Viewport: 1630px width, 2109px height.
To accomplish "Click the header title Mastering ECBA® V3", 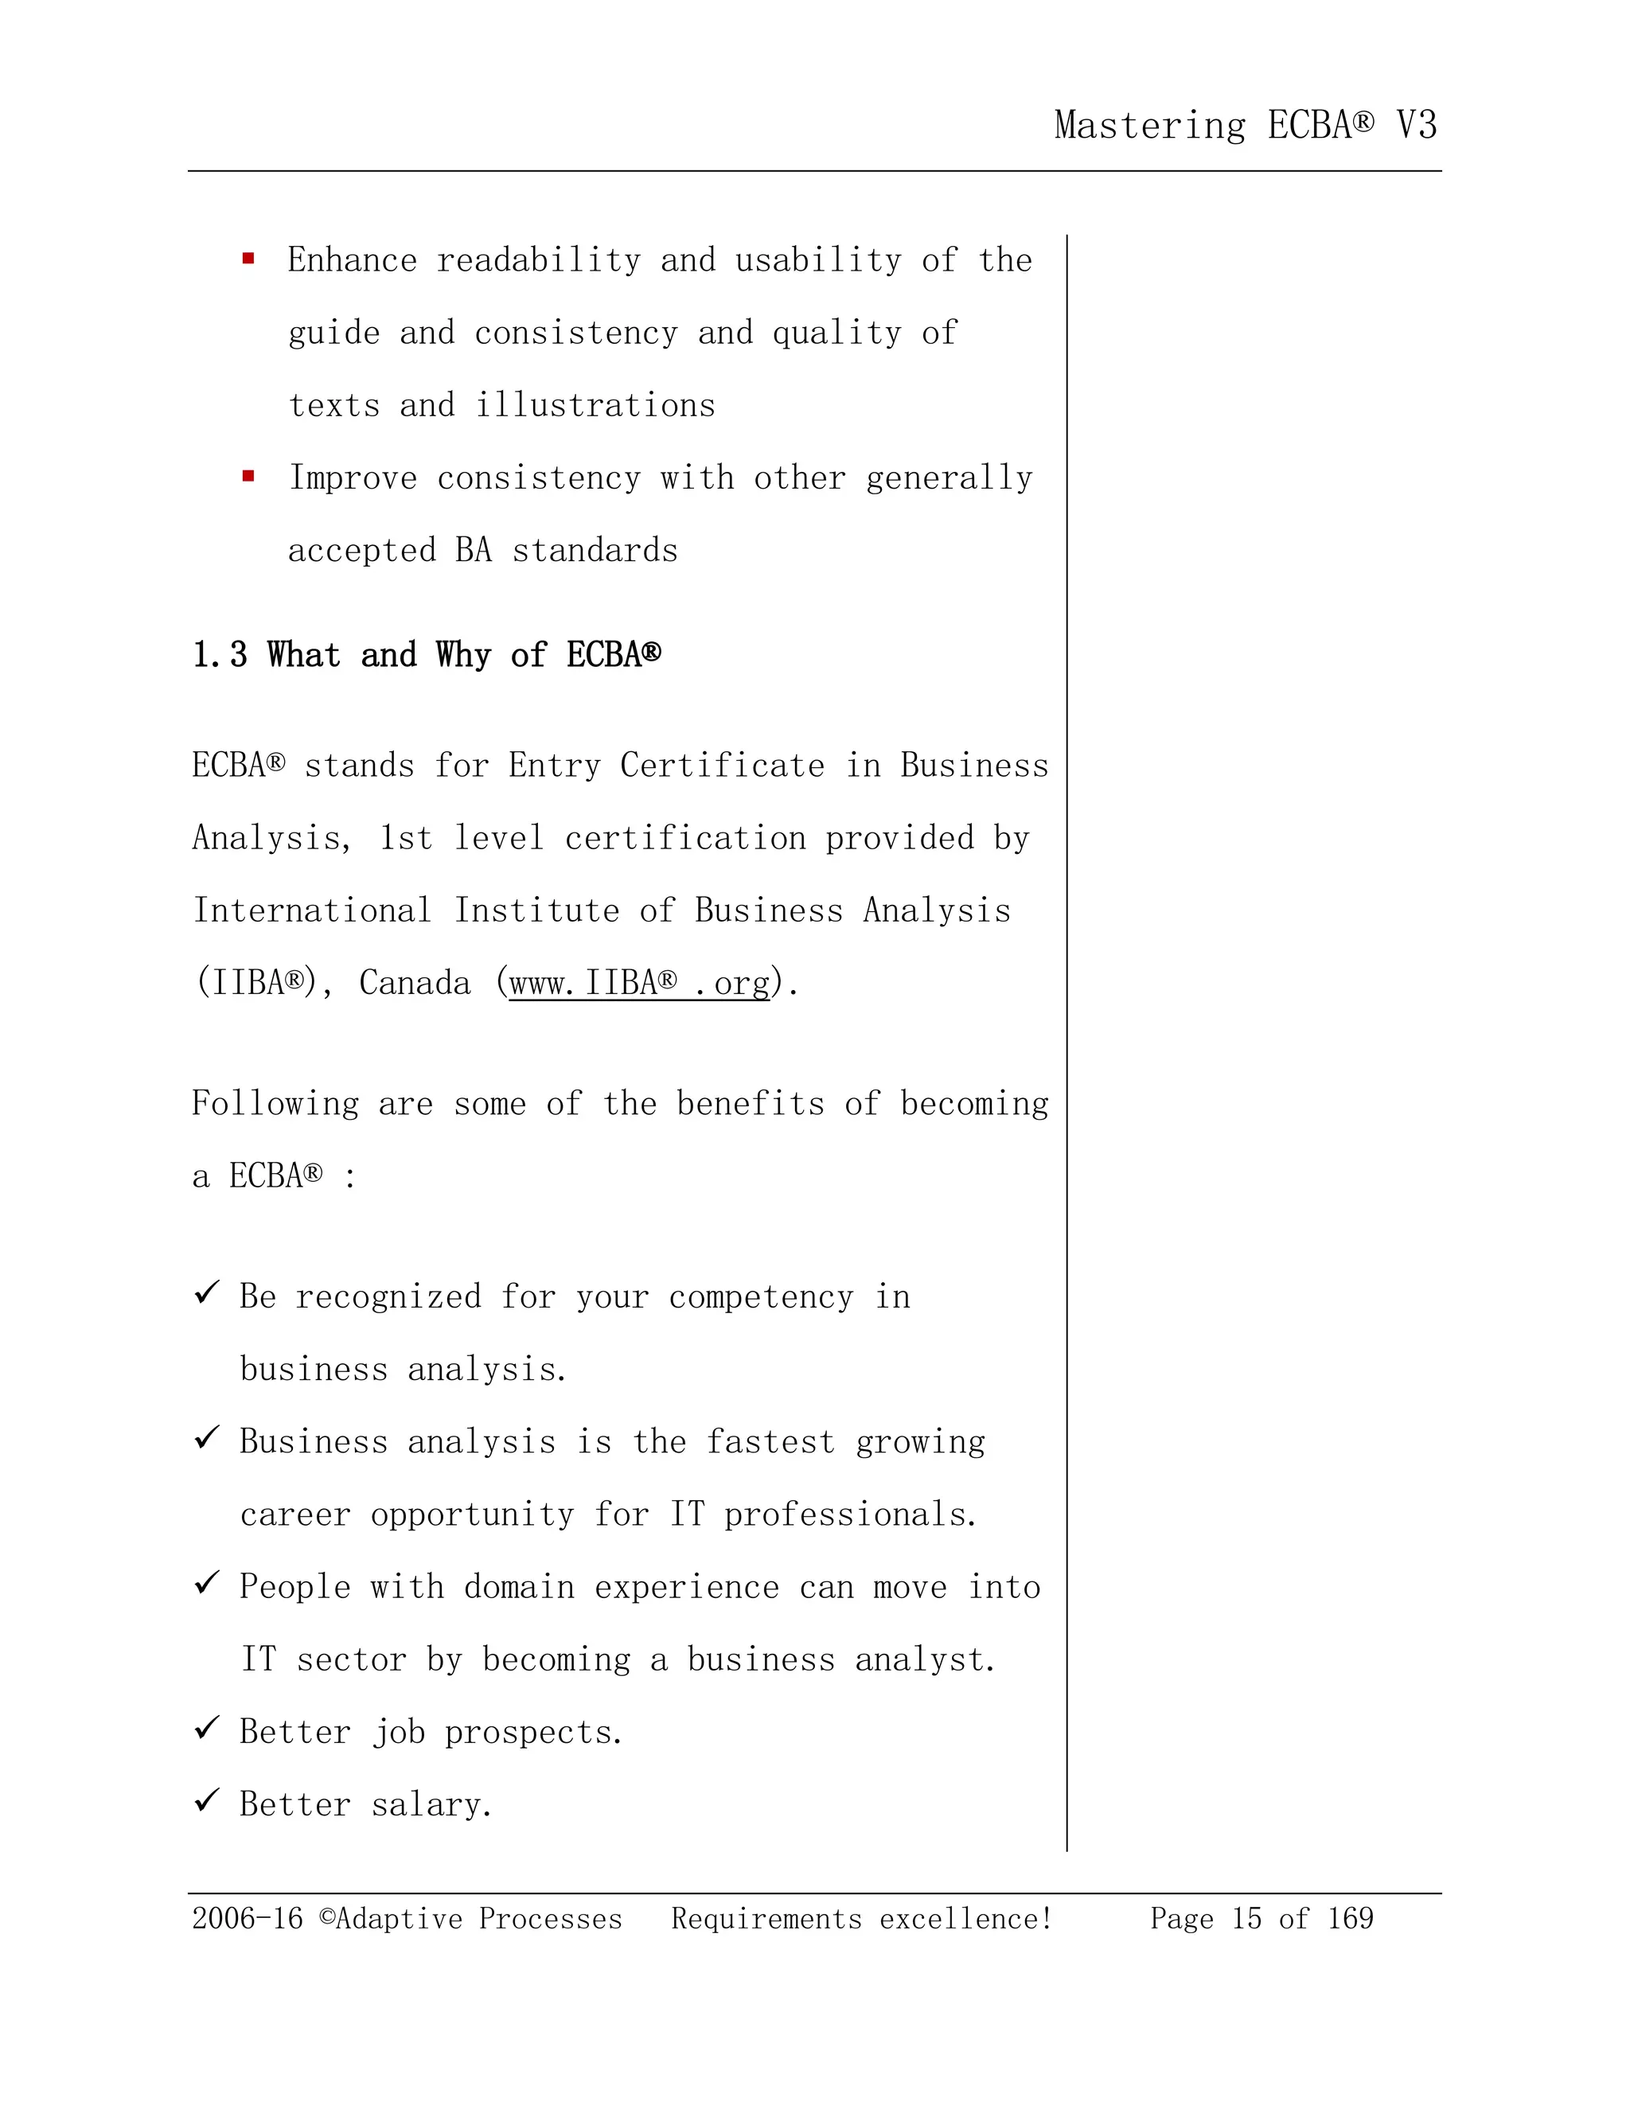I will pos(1245,126).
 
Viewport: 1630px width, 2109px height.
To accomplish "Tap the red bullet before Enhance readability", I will pos(248,259).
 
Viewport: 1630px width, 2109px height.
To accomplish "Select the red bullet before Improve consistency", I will pos(248,476).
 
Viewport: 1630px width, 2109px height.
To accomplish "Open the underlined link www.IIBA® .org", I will pos(639,983).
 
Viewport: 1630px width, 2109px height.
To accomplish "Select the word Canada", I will pos(414,983).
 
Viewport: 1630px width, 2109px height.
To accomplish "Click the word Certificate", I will pos(723,766).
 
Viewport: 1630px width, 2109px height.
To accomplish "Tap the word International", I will pos(311,910).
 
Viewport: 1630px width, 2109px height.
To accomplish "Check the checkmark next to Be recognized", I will pos(207,1293).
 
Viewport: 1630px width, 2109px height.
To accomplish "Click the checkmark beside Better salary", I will pos(207,1801).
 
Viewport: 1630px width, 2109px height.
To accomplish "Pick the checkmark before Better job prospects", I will pos(207,1729).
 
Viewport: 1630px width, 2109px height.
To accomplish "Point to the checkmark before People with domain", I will pos(207,1584).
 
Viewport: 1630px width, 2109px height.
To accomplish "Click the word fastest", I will pos(770,1442).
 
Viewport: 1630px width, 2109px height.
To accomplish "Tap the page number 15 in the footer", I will pos(1246,1918).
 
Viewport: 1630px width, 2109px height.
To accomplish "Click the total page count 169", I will pos(1349,1918).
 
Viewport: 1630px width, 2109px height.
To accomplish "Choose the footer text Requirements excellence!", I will pos(861,1918).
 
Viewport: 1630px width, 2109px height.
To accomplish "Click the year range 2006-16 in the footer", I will pos(248,1918).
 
